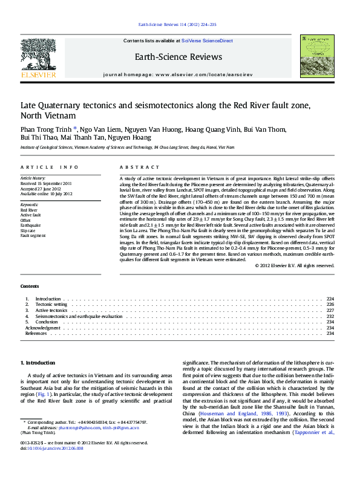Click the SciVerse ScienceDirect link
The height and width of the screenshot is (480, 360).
click(x=211, y=41)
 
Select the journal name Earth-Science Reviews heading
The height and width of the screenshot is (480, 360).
click(x=182, y=57)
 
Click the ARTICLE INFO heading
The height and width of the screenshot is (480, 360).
click(x=49, y=167)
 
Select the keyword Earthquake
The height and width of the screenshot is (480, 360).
click(x=30, y=224)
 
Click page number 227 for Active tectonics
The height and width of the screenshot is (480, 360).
click(x=330, y=310)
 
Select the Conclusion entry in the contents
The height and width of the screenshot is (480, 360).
click(x=47, y=322)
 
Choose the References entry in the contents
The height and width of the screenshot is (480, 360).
click(x=36, y=333)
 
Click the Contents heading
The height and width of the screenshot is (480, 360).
click(x=30, y=286)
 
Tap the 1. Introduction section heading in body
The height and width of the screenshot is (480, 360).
click(x=38, y=363)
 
